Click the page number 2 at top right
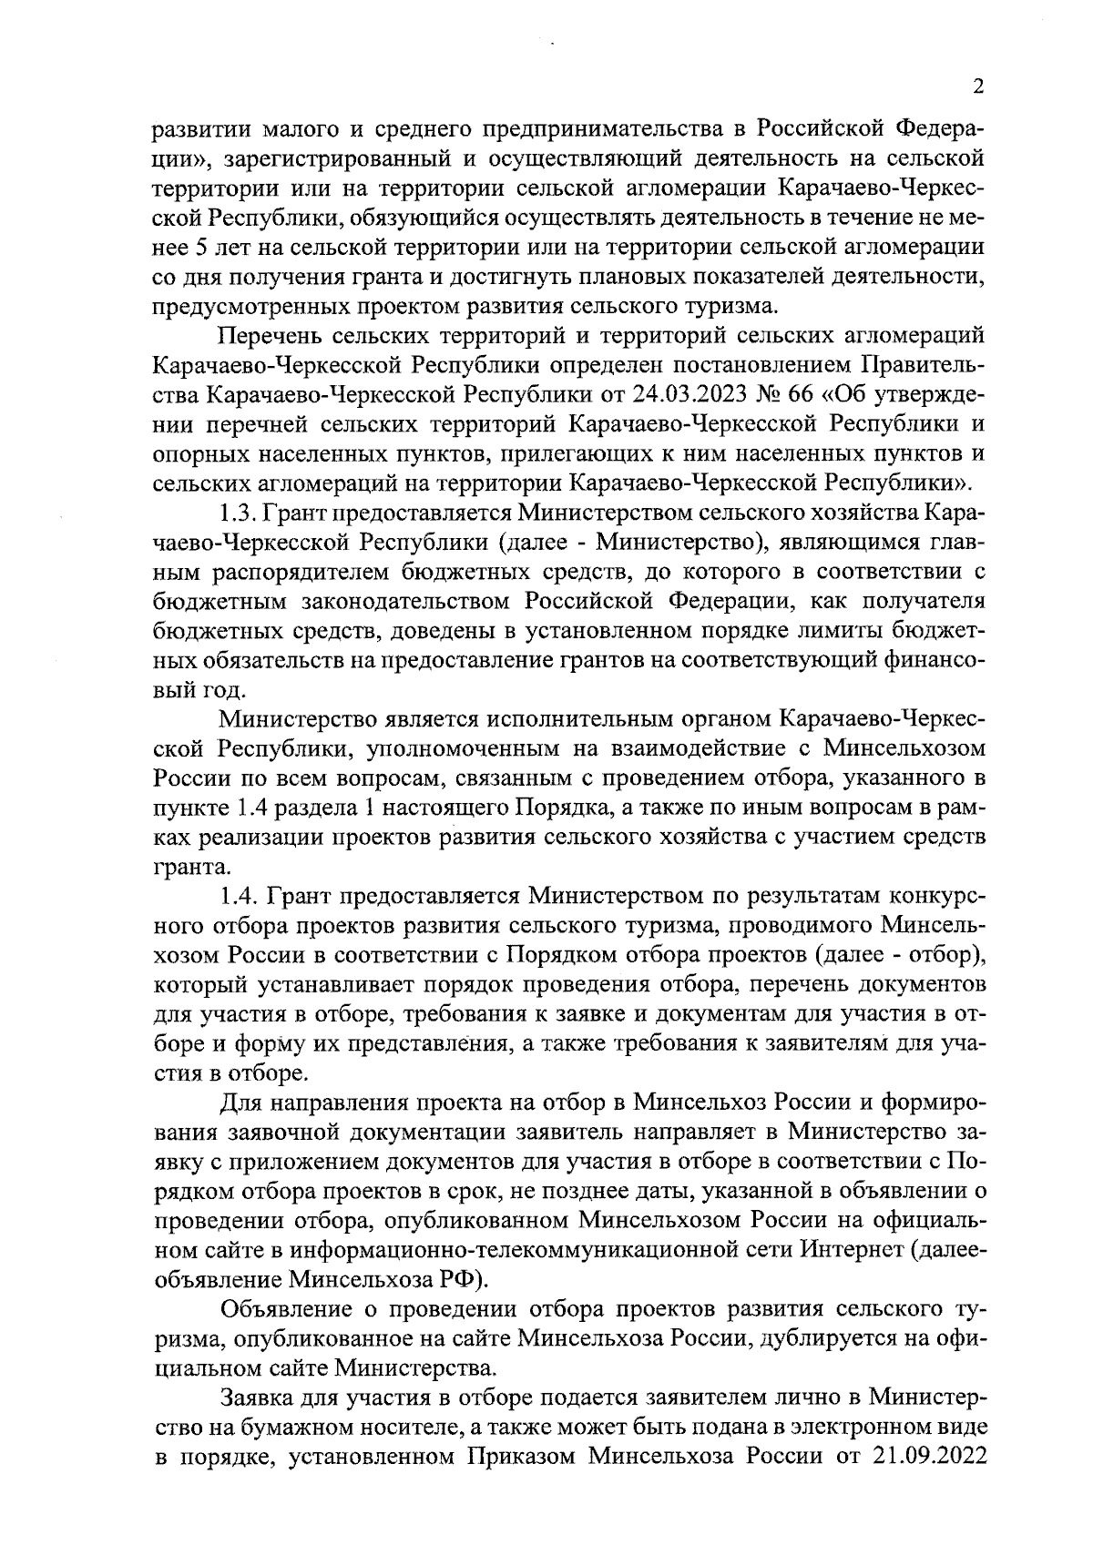click(979, 87)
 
